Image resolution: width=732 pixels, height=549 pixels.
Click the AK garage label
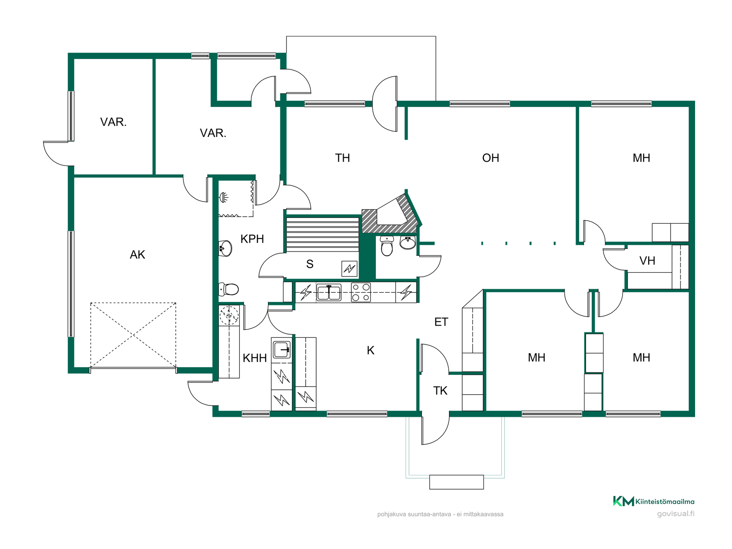[x=137, y=255]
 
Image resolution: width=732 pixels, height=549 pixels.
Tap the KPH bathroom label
[x=252, y=239]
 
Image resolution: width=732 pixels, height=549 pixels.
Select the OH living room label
[x=490, y=158]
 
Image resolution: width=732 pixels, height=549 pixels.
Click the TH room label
[x=342, y=158]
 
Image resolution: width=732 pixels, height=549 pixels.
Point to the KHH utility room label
[x=255, y=358]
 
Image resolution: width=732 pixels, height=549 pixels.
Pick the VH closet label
[x=647, y=261]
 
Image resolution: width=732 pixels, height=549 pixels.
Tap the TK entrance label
[x=440, y=391]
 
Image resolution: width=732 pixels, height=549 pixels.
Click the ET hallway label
[x=441, y=322]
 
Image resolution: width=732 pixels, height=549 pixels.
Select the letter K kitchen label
[x=371, y=350]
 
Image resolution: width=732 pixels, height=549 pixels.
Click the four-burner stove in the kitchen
[x=361, y=292]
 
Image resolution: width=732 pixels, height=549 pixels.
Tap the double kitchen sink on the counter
[x=329, y=292]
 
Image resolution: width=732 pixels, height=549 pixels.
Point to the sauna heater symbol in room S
[x=349, y=269]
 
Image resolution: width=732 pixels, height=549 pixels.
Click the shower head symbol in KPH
[x=224, y=197]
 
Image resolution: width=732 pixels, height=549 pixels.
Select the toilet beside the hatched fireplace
[x=387, y=246]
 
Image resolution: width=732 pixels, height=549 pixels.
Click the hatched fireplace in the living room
[x=391, y=214]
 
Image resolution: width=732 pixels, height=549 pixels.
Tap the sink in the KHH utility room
[x=282, y=349]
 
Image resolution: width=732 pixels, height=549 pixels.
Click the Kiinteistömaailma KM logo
[x=653, y=501]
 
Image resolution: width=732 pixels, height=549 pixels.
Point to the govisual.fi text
[x=676, y=514]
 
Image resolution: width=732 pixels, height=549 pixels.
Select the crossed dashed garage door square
[x=133, y=335]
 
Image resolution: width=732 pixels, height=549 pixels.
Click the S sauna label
[x=310, y=264]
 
